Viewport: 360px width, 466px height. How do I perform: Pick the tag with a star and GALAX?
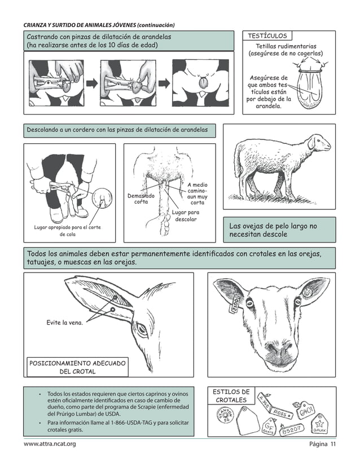click(319, 425)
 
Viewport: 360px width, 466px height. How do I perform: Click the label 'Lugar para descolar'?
click(186, 216)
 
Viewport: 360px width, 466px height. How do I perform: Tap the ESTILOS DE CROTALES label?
click(231, 396)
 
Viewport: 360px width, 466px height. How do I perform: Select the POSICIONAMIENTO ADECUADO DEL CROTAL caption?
click(77, 367)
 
